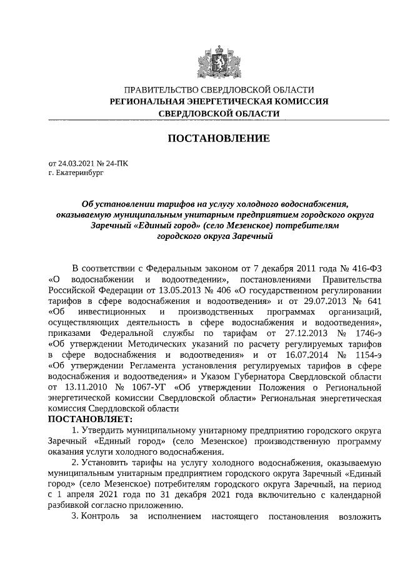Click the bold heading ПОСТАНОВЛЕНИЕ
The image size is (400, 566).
tap(218, 138)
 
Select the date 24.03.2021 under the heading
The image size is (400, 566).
tap(77, 163)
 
